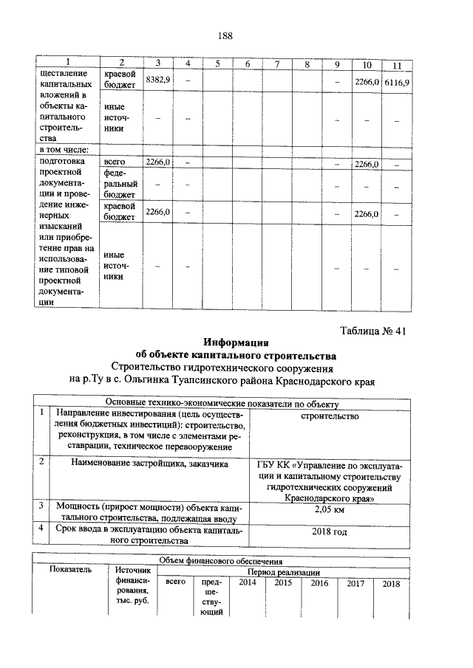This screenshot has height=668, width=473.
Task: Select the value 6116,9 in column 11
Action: pos(396,81)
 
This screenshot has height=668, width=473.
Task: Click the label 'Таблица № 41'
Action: pos(373,330)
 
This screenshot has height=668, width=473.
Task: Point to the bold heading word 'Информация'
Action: pos(237,342)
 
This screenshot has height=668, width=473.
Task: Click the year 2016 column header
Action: pos(319,583)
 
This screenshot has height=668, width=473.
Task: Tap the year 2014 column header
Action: pos(241,583)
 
